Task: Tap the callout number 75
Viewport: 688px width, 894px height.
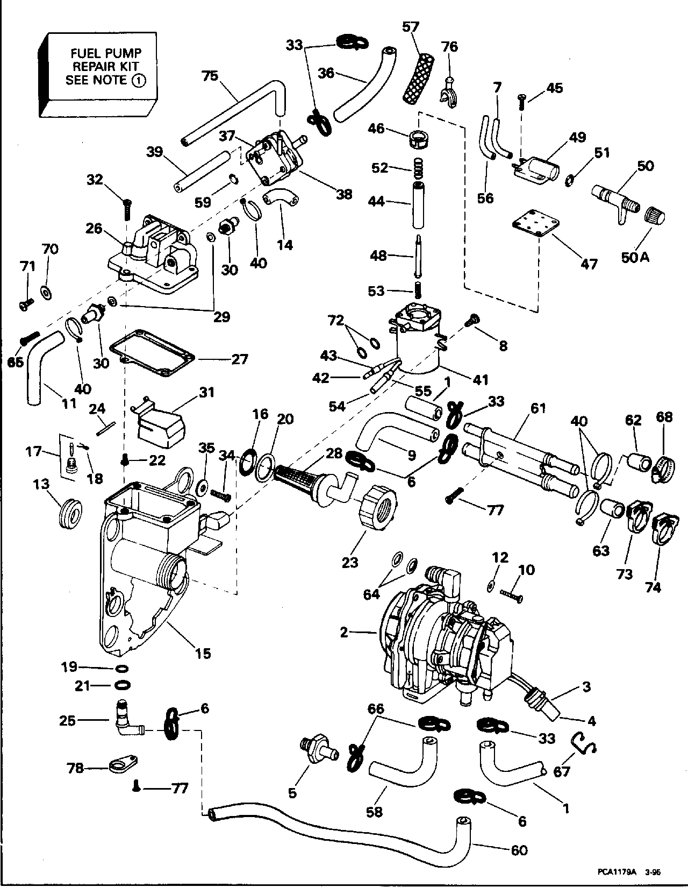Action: [x=211, y=76]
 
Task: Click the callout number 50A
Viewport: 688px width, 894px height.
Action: [x=636, y=257]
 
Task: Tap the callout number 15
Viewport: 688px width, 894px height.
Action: [x=203, y=654]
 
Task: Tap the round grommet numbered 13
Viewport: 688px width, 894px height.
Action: [x=69, y=514]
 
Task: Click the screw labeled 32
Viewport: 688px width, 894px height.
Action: [x=127, y=208]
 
